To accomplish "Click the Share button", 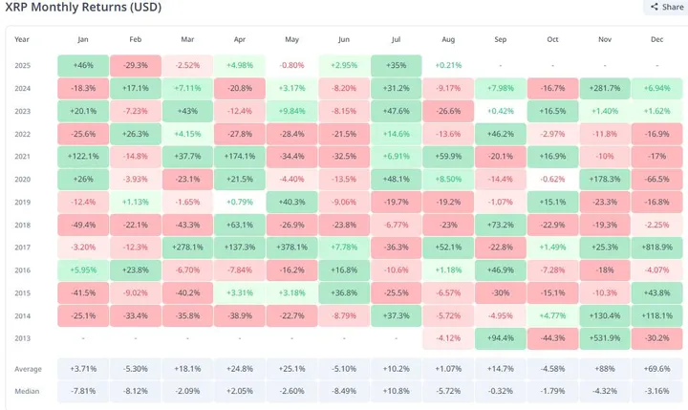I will click(666, 8).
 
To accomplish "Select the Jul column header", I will click(395, 39).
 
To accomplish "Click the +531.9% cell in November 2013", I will click(604, 337).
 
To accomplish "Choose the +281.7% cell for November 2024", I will click(604, 88).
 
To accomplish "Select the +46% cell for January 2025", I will click(82, 65).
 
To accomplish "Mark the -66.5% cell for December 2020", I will click(656, 179).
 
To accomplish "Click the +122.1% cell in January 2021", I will click(82, 156).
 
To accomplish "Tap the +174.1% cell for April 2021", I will click(239, 156).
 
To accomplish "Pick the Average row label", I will click(29, 368).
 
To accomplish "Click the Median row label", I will click(28, 391).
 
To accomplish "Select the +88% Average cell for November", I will click(604, 368).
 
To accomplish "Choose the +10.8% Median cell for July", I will click(395, 391).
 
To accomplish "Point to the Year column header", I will click(22, 39).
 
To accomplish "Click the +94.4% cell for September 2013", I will click(500, 337).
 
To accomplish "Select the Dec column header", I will click(656, 39).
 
